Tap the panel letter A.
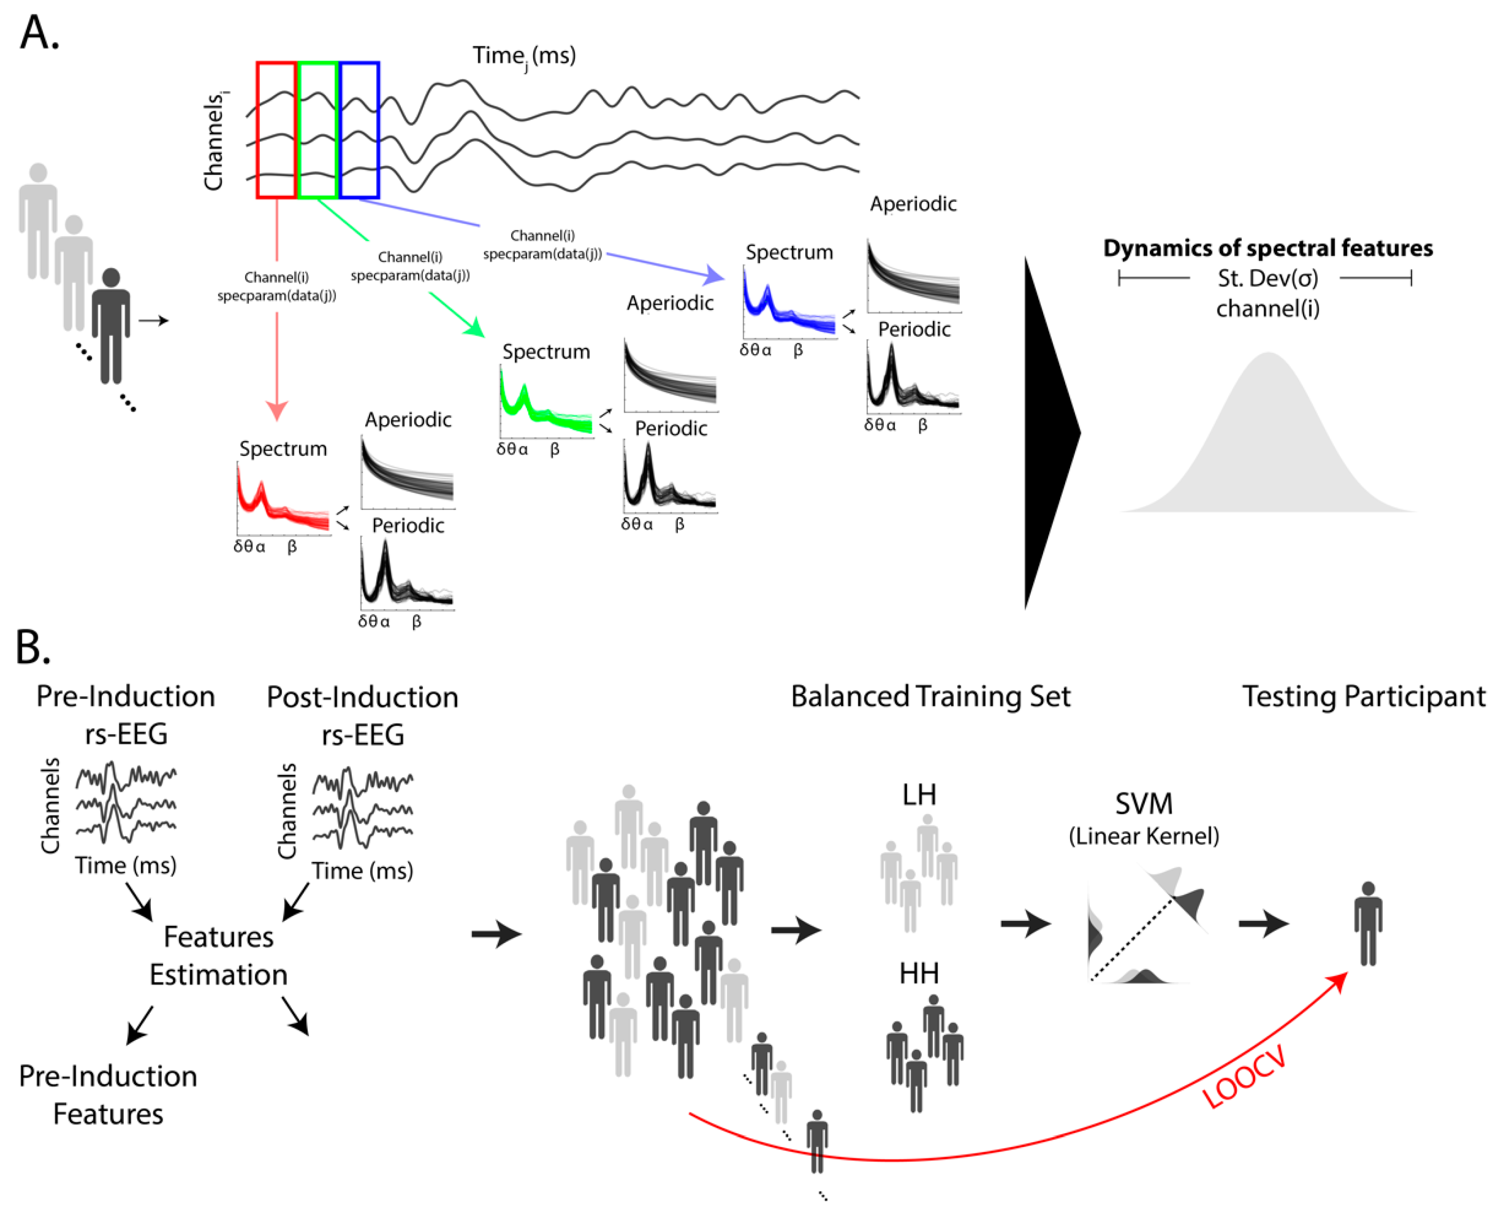[38, 33]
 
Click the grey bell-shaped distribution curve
[1268, 453]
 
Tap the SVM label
[1144, 804]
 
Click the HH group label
[919, 973]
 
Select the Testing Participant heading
[1363, 696]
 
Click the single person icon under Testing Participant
[1367, 924]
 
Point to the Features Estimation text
[218, 956]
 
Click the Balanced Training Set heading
[931, 696]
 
